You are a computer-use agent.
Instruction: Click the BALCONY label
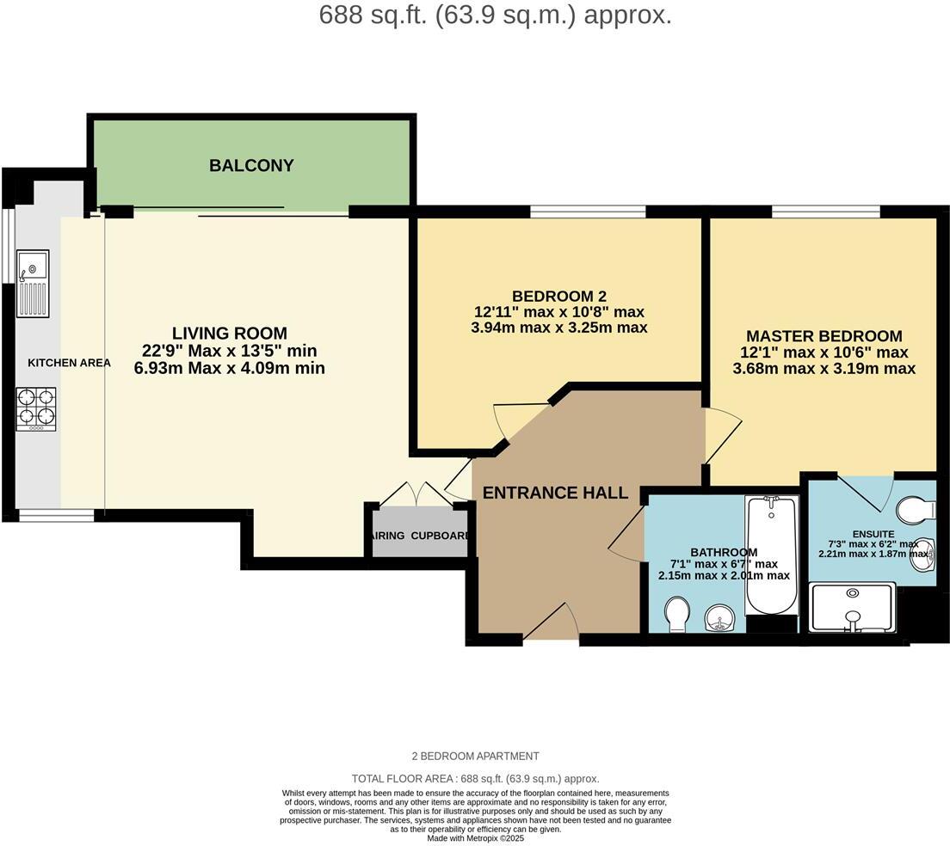pyautogui.click(x=251, y=165)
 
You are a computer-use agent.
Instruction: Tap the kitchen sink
pyautogui.click(x=33, y=283)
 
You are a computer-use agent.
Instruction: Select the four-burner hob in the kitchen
pyautogui.click(x=35, y=408)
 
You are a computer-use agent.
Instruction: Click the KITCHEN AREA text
pyautogui.click(x=69, y=363)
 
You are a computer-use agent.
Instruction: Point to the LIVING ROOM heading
pyautogui.click(x=230, y=334)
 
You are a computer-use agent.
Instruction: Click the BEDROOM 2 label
pyautogui.click(x=559, y=297)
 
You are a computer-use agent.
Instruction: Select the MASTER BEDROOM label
pyautogui.click(x=824, y=336)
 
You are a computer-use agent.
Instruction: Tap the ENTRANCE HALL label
pyautogui.click(x=555, y=493)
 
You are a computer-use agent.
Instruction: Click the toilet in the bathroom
pyautogui.click(x=677, y=615)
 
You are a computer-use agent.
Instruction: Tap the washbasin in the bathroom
pyautogui.click(x=719, y=616)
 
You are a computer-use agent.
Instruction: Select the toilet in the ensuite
pyautogui.click(x=915, y=511)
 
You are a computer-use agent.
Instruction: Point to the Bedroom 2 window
pyautogui.click(x=588, y=211)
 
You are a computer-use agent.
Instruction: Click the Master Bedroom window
pyautogui.click(x=826, y=211)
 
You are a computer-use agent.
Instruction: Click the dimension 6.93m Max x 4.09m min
pyautogui.click(x=230, y=368)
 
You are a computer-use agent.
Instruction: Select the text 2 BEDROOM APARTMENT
pyautogui.click(x=475, y=756)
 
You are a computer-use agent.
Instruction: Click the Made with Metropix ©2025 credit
pyautogui.click(x=475, y=837)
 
